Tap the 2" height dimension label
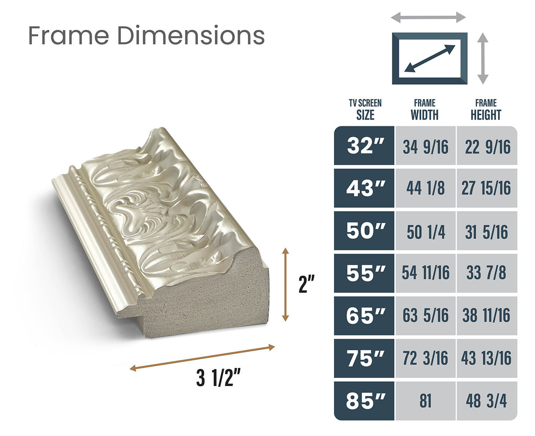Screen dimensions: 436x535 [x=307, y=284]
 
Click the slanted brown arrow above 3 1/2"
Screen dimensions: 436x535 [x=202, y=357]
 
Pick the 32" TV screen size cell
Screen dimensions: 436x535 [x=365, y=146]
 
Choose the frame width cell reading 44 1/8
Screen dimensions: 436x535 [x=425, y=188]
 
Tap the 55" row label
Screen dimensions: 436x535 [x=365, y=274]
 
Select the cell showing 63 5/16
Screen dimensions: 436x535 [x=425, y=316]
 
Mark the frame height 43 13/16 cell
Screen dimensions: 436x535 [x=486, y=358]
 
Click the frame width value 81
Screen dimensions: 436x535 [x=425, y=401]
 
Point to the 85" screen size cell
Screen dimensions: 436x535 [x=365, y=401]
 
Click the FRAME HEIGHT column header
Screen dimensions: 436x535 [x=486, y=110]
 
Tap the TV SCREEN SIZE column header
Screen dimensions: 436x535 [x=365, y=110]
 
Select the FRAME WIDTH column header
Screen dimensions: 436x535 [x=424, y=110]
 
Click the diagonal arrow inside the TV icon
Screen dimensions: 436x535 [x=430, y=58]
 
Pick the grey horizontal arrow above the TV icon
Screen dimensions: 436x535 [x=428, y=17]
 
